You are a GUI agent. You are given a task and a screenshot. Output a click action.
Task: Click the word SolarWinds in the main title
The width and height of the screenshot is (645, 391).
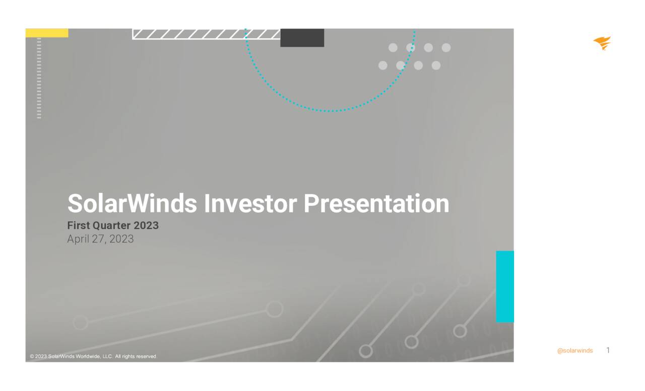click(x=132, y=203)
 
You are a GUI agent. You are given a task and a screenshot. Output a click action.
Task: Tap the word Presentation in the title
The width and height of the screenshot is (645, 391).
click(x=376, y=203)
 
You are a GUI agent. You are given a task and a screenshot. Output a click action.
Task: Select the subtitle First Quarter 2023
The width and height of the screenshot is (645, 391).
click(x=113, y=225)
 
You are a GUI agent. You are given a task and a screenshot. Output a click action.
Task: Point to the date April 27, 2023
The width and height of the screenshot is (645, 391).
click(x=100, y=239)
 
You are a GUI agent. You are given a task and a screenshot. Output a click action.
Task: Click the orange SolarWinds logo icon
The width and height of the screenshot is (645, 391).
click(x=602, y=43)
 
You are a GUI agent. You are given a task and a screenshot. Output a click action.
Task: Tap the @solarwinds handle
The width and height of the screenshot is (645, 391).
click(x=575, y=351)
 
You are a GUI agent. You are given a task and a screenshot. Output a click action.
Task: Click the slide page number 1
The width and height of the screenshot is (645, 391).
click(x=608, y=350)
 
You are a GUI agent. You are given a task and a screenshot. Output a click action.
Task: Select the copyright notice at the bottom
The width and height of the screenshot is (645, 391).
click(x=94, y=357)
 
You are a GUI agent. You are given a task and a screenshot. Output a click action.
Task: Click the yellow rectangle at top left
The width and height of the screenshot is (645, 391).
click(x=47, y=33)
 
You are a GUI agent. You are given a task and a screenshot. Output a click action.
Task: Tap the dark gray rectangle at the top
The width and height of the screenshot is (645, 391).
click(x=302, y=38)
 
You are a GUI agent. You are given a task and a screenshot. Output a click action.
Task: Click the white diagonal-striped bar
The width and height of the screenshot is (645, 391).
click(x=206, y=34)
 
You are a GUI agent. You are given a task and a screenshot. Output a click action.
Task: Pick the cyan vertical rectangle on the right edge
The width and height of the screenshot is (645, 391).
click(x=505, y=286)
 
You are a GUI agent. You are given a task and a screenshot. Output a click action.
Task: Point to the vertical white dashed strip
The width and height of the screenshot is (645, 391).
click(x=39, y=79)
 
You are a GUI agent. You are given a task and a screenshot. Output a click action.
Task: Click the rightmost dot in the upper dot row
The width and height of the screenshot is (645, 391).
click(x=446, y=48)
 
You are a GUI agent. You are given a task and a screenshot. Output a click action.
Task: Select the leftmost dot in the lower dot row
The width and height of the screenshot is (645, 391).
click(x=383, y=65)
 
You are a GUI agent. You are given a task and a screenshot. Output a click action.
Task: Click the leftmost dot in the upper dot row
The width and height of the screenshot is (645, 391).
click(x=393, y=48)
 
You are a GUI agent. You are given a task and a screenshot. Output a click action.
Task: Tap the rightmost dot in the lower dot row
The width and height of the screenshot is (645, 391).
click(x=436, y=65)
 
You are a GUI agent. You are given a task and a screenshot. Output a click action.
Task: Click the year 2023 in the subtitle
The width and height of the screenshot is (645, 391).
click(x=146, y=225)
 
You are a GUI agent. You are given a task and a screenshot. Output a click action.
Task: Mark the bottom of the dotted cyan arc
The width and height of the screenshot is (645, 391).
click(x=330, y=111)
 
